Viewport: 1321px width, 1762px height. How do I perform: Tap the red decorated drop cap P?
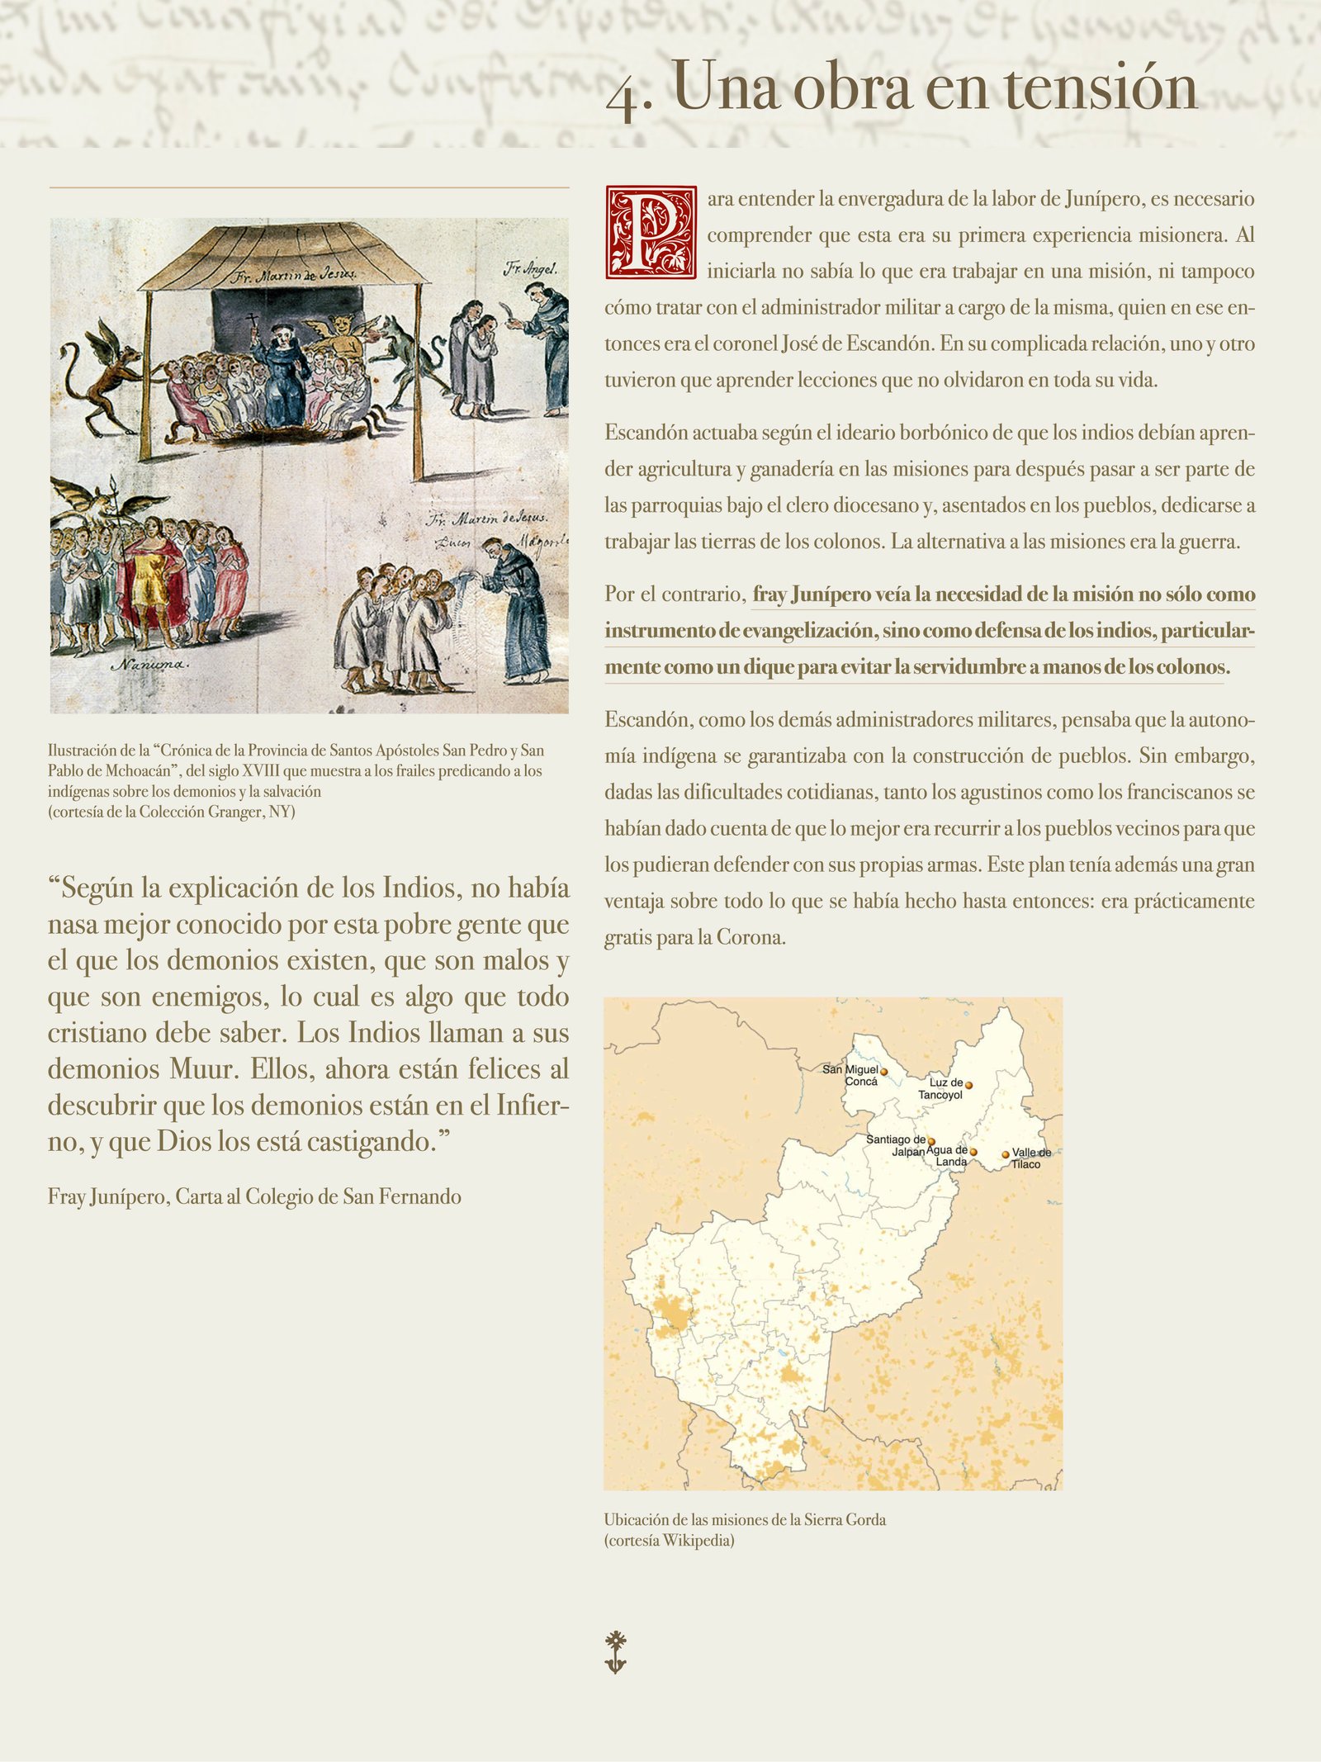651,232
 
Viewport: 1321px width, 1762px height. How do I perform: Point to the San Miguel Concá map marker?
883,1072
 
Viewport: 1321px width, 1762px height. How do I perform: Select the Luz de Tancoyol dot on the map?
968,1085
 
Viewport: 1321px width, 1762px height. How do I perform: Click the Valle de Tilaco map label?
1030,1158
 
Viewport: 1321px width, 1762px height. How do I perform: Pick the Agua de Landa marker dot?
973,1152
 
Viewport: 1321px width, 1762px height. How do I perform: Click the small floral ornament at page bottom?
615,1652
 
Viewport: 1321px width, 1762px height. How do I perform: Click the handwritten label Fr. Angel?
530,268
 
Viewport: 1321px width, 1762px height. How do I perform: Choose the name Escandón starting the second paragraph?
645,433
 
